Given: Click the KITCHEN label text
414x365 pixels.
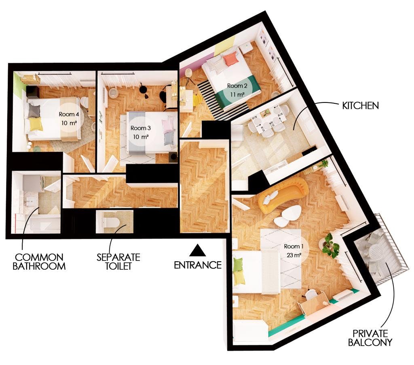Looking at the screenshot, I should coord(360,106).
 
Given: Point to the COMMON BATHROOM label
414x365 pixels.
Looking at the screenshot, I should coord(39,261).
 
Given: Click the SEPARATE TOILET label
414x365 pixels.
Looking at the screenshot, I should coord(118,261).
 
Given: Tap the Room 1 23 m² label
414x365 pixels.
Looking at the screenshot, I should coord(293,250).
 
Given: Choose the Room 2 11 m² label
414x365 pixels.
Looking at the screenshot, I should coord(237,90).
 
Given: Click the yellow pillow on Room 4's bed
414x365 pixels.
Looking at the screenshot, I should coord(36,124).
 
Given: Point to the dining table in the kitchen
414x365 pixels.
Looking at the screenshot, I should coord(268,119).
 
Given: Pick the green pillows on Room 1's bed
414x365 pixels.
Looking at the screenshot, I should coord(239,271).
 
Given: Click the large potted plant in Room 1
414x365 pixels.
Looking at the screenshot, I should coord(331,245).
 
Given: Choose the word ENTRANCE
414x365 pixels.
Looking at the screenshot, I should coord(198,265).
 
